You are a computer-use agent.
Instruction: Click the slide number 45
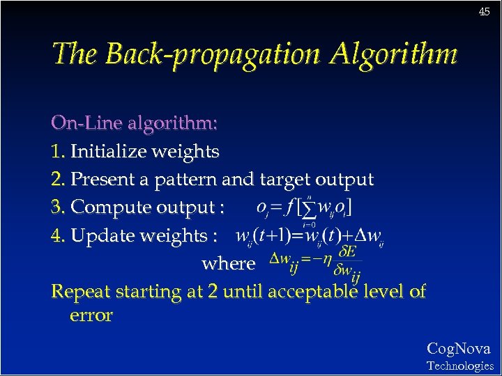484,12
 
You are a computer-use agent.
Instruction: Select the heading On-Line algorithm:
135,123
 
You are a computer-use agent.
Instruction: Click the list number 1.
57,152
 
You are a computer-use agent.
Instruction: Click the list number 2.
58,180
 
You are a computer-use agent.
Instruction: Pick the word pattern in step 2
185,180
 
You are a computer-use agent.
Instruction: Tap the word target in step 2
285,180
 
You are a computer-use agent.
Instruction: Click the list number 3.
58,207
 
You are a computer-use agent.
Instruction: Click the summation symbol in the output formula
306,209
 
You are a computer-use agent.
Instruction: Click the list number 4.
59,235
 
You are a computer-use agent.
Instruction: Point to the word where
228,264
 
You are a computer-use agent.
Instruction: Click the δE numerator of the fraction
347,251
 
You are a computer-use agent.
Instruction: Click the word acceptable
325,291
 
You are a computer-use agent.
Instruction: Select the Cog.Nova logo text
458,349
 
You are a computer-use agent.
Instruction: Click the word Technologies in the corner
459,366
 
